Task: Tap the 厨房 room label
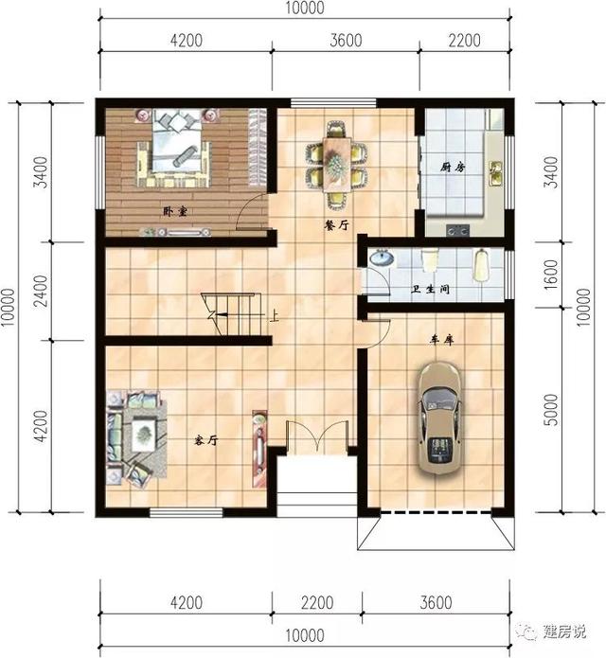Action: pos(454,167)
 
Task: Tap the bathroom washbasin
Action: pos(382,258)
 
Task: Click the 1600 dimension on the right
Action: pos(551,272)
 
